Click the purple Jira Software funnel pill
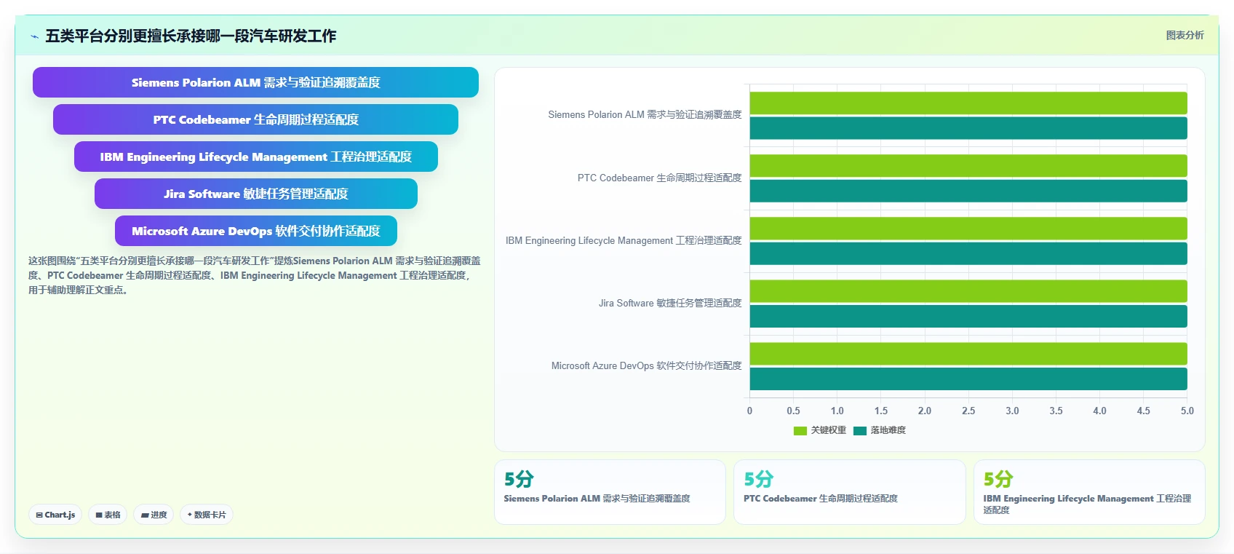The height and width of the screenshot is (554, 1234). [255, 194]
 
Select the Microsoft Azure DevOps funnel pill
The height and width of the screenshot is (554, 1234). [255, 231]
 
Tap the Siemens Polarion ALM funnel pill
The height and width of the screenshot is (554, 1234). [255, 82]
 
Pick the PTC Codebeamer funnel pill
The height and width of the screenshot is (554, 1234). [255, 119]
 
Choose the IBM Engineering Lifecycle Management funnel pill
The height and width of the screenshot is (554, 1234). [255, 157]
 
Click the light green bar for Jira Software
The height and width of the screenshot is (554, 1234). [968, 291]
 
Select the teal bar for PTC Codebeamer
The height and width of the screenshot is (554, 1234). [968, 191]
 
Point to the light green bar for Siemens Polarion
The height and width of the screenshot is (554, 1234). [968, 103]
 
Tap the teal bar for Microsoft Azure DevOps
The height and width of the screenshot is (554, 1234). [968, 379]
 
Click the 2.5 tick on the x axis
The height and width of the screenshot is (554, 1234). [968, 411]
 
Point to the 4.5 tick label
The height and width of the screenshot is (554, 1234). [1143, 411]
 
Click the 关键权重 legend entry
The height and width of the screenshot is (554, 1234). [820, 430]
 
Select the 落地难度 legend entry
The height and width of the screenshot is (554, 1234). [880, 430]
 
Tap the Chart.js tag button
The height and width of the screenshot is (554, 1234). [55, 514]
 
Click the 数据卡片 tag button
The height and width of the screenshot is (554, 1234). [207, 514]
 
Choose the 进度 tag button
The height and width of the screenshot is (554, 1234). [154, 514]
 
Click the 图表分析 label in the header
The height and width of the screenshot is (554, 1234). [1185, 35]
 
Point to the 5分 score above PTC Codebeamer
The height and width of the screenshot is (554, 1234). [759, 479]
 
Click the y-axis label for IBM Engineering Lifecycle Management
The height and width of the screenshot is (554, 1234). [624, 240]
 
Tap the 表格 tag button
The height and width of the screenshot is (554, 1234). [108, 514]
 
